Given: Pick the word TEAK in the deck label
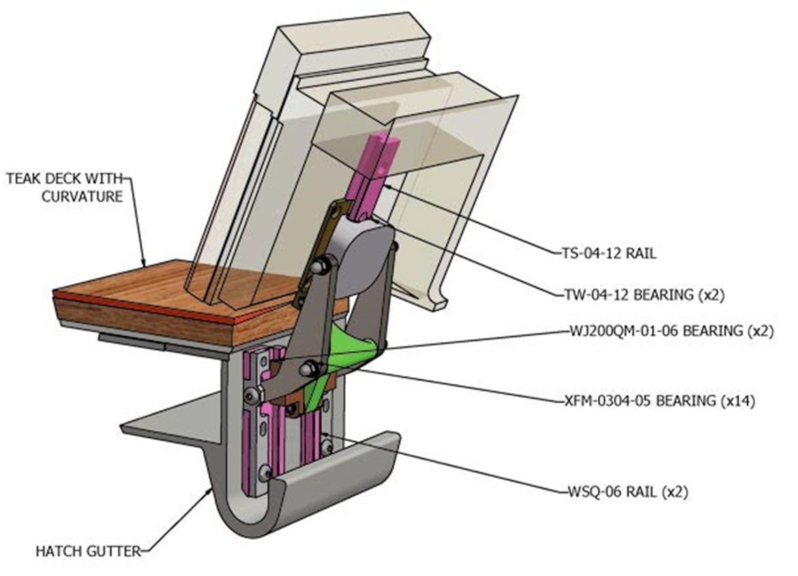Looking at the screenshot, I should pos(22,179).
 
